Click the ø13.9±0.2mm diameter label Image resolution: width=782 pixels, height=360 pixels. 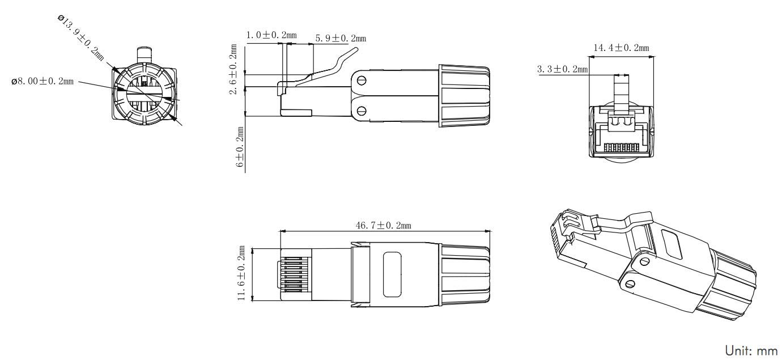(x=81, y=37)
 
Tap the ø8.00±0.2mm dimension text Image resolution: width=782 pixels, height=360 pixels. (x=42, y=82)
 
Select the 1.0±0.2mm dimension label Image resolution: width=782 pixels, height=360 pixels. (x=271, y=35)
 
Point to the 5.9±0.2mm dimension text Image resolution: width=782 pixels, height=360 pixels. (x=341, y=38)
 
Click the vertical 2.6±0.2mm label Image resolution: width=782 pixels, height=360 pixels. (x=233, y=69)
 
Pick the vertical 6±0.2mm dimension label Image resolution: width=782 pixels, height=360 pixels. (x=240, y=147)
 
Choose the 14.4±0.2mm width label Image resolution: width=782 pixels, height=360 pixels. (x=622, y=48)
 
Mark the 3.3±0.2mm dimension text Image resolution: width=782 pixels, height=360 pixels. (x=562, y=69)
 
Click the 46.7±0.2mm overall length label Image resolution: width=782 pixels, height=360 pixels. (x=383, y=226)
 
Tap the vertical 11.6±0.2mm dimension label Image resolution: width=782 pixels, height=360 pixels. (x=241, y=273)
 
